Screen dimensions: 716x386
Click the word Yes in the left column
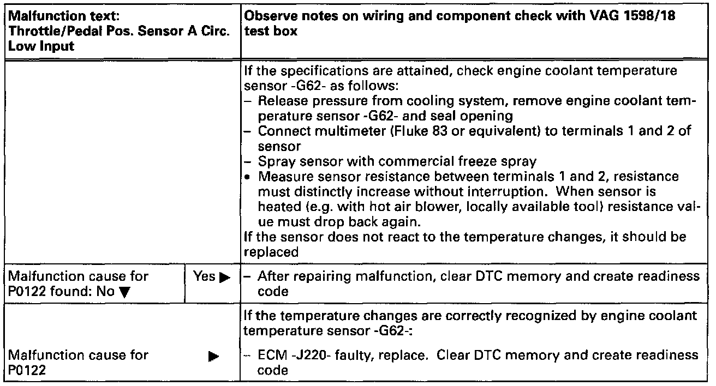[x=202, y=277]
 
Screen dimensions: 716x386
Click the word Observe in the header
[x=266, y=16]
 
